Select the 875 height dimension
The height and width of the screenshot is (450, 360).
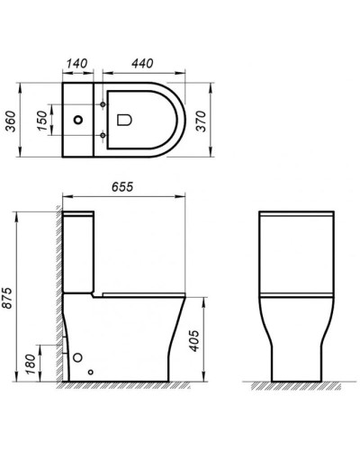click(12, 297)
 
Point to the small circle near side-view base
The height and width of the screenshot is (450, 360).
click(90, 371)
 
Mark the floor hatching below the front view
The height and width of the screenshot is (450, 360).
click(298, 385)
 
